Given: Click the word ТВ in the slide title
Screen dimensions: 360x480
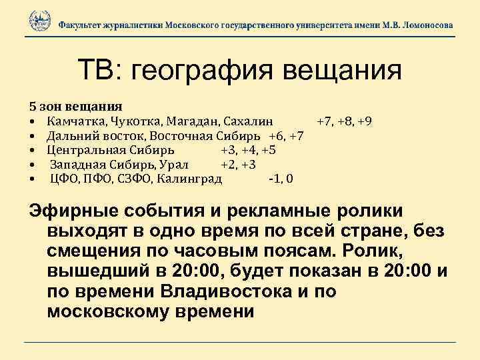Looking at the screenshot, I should click(x=97, y=69).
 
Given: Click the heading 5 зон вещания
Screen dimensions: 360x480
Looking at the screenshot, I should click(x=75, y=106).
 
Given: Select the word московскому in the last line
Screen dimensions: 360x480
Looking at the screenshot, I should click(x=112, y=311).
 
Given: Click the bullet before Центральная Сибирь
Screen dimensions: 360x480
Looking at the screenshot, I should click(x=32, y=150).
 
